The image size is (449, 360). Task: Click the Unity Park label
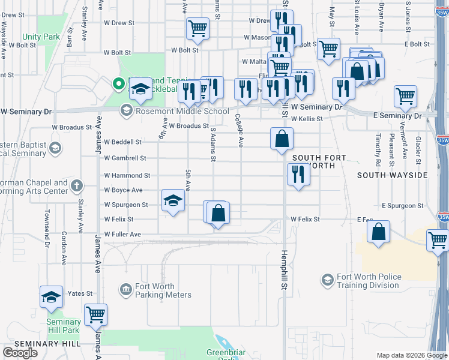[x=41, y=37]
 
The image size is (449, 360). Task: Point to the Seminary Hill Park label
[x=63, y=326]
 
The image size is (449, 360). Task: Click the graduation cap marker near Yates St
[x=52, y=297]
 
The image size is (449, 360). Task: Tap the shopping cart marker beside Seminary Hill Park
[x=95, y=313]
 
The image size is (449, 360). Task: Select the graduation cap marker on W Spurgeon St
[x=173, y=200]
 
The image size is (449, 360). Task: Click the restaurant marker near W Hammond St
[x=298, y=175]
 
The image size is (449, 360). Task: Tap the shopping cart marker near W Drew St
[x=197, y=28]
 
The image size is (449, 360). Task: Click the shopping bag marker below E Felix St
[x=378, y=232]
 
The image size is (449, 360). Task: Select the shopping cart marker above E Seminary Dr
[x=406, y=95]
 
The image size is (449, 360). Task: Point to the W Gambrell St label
[x=125, y=158]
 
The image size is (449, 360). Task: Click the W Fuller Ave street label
[x=122, y=234]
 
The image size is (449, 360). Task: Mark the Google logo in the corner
[x=20, y=353]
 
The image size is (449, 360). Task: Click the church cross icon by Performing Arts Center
[x=77, y=186]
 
